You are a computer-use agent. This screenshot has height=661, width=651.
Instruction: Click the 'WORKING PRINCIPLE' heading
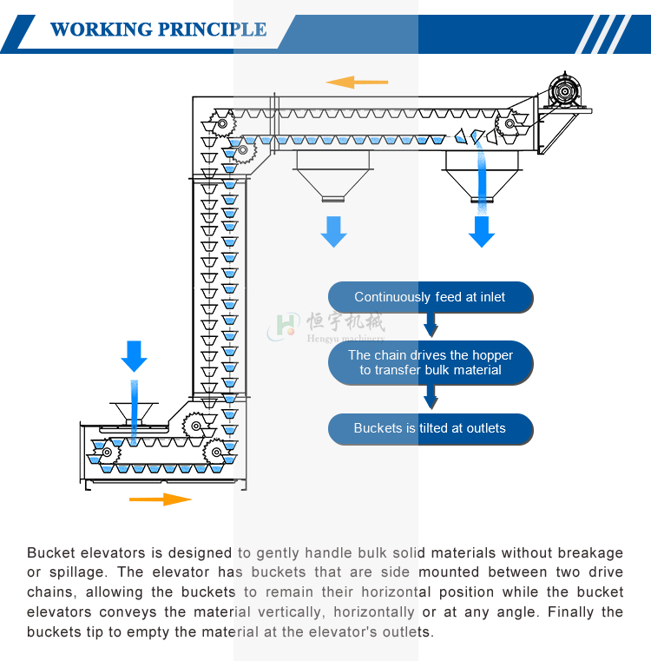(x=158, y=30)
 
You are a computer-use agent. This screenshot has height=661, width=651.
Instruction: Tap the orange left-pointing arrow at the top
(x=357, y=83)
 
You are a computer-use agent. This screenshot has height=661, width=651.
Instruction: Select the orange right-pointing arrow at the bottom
(x=161, y=499)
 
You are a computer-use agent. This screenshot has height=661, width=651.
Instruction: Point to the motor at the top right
(x=564, y=90)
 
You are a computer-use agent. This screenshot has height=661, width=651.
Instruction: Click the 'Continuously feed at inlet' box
(x=430, y=297)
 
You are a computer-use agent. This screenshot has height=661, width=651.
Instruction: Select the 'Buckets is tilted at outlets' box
(x=430, y=428)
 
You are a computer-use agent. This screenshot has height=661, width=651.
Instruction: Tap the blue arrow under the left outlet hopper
(x=333, y=231)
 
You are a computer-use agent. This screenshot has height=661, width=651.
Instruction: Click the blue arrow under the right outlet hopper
(x=482, y=231)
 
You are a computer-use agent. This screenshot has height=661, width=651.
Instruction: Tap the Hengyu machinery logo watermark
(x=325, y=326)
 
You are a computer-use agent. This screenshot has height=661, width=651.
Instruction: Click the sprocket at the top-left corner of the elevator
(x=223, y=124)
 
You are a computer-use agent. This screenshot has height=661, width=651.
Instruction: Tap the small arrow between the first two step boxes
(x=430, y=326)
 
